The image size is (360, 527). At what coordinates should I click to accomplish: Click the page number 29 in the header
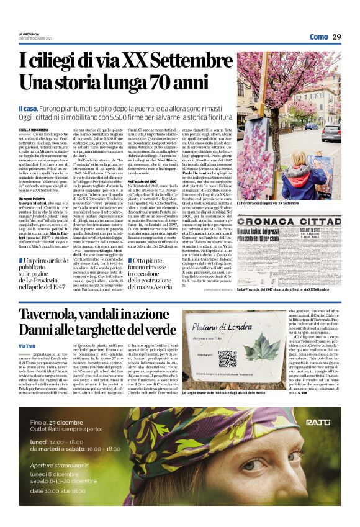click(x=336, y=37)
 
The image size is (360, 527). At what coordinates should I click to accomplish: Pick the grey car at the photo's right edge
click(x=332, y=132)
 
